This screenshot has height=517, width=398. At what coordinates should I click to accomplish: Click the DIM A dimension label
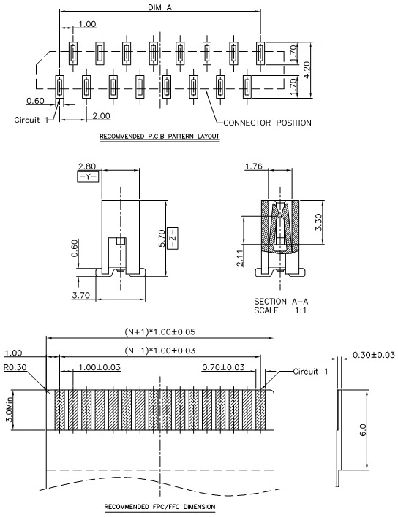point(160,7)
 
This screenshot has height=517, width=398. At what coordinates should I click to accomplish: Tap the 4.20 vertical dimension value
point(307,70)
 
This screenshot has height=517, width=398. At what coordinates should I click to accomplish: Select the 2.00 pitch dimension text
point(101,116)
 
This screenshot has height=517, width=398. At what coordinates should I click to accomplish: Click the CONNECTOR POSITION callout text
point(267,123)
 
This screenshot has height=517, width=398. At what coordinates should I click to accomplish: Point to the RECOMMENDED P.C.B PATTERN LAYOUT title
point(159,136)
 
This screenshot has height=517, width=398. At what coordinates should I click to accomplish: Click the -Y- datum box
point(88,177)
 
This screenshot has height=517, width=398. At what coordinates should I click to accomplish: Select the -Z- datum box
point(173,238)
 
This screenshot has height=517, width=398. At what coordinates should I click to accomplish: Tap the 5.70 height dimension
point(162,238)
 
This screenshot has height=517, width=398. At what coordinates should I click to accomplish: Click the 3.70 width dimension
point(81,295)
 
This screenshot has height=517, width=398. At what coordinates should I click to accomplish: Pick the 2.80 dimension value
point(87,166)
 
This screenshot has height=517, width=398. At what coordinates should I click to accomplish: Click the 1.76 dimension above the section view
point(254,166)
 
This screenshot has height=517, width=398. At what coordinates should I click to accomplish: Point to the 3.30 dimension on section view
point(318,222)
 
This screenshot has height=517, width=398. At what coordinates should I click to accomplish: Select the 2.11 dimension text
point(240,258)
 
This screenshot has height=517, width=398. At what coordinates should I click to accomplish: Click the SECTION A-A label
point(281,302)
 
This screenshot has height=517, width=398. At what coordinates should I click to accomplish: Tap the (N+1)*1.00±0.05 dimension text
point(160,332)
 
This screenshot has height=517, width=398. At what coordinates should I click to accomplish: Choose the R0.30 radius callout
point(15,367)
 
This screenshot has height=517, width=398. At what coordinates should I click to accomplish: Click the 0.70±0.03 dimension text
point(223,367)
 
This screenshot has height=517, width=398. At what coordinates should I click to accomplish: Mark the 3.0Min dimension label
point(9,409)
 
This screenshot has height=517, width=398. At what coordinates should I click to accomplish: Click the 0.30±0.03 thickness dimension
point(374,355)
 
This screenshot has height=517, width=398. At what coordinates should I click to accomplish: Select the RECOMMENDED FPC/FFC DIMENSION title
point(160,507)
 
